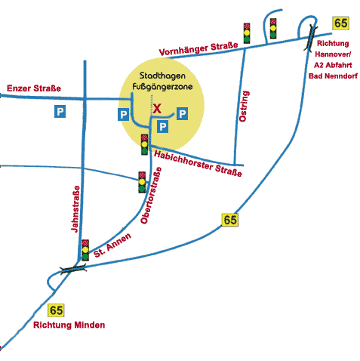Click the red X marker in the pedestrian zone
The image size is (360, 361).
[x=157, y=109]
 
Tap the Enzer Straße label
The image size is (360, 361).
[x=34, y=88]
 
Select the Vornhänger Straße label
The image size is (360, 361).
[x=198, y=49]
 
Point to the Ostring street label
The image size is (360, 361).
[x=244, y=106]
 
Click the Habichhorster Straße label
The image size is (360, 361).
[x=198, y=164]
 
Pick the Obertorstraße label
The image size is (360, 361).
[x=151, y=196]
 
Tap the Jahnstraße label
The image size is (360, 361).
[x=75, y=209]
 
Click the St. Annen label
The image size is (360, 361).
[x=112, y=245]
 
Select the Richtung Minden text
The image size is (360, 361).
[x=69, y=325]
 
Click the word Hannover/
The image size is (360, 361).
[x=333, y=54]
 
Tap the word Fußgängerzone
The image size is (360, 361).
[x=162, y=87]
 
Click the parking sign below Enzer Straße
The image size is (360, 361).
[x=60, y=111]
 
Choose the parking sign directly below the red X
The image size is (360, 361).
[x=162, y=126]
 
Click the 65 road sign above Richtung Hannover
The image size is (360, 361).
[x=340, y=23]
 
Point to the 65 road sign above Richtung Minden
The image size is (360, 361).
[x=56, y=310]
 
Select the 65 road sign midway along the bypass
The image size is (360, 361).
[x=230, y=220]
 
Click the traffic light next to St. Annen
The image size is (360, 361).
[x=85, y=250]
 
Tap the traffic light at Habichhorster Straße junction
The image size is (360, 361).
[x=144, y=144]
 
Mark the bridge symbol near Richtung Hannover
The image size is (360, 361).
[x=310, y=37]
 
